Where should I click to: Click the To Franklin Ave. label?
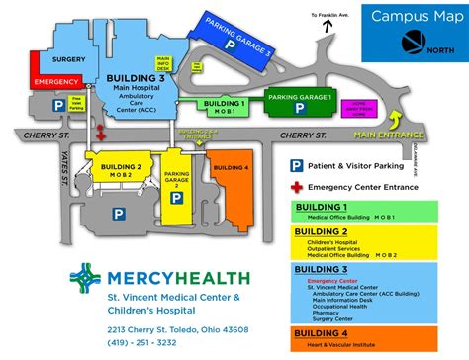tap(329, 15)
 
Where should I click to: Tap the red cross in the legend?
tap(296, 186)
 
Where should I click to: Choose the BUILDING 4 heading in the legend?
tap(319, 335)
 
